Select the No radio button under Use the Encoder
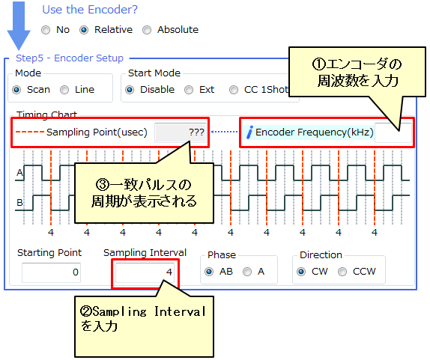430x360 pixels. tap(46, 30)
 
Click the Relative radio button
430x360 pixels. tap(84, 30)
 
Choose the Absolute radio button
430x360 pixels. tap(147, 30)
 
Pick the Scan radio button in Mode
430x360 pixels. tap(16, 90)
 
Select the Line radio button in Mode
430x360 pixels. tap(64, 90)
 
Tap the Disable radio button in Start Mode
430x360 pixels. tap(130, 90)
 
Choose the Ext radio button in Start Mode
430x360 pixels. tap(189, 90)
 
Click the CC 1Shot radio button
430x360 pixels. tap(234, 90)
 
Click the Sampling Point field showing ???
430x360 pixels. tap(181, 132)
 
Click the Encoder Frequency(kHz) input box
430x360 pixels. tap(393, 132)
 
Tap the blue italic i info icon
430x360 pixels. tap(249, 132)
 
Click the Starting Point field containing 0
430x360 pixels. tap(51, 272)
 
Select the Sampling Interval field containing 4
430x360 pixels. tap(145, 272)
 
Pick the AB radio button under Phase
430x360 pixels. tap(209, 272)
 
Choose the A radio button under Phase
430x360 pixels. tap(247, 272)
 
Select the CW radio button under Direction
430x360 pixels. tap(301, 272)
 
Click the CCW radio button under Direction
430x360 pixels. tap(342, 272)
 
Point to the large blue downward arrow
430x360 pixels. tap(19, 26)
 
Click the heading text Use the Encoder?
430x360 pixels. tap(90, 10)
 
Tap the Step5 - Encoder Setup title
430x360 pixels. tap(70, 58)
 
